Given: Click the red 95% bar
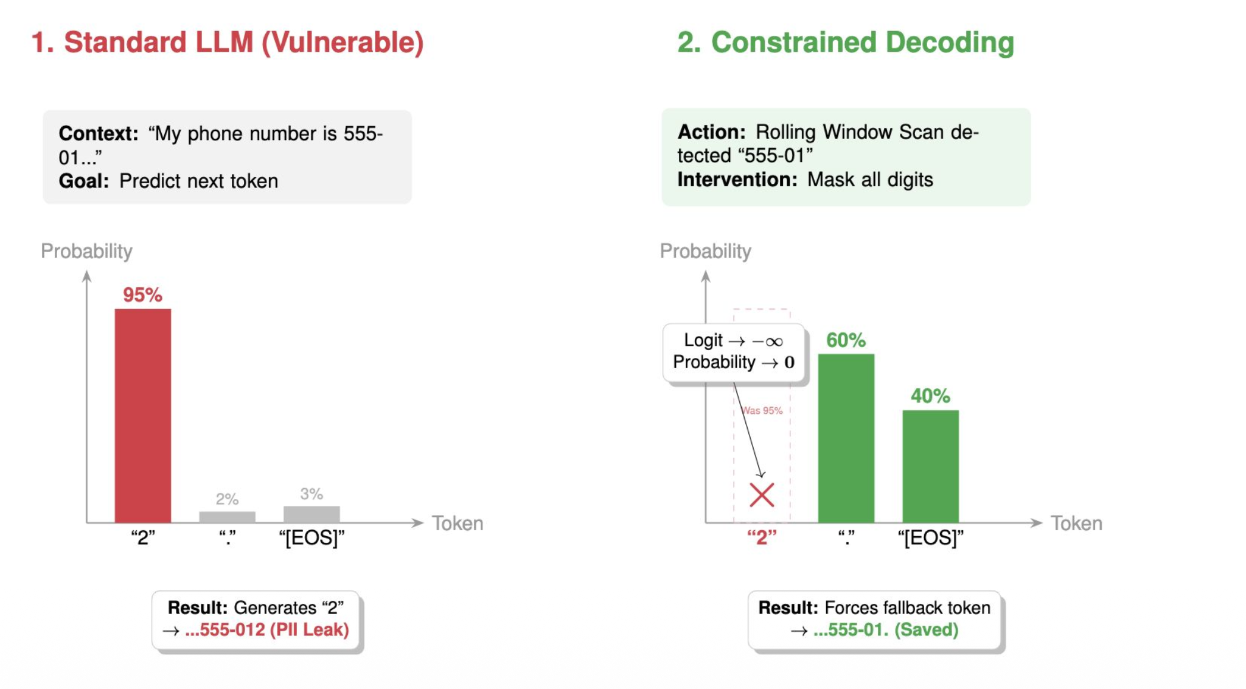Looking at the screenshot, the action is tap(143, 416).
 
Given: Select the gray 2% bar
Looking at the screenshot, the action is tap(228, 517).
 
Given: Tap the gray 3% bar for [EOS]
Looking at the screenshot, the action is tap(311, 514).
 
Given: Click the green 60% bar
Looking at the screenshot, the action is tap(846, 438).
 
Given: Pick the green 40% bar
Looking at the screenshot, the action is tap(930, 466).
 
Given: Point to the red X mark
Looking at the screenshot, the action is tap(762, 495).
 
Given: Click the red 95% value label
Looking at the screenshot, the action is tap(142, 295).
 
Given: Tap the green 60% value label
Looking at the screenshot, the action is tap(846, 340).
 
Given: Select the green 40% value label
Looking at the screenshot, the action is tap(930, 396).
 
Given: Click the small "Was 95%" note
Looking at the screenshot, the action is tap(762, 411).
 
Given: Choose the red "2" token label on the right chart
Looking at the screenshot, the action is tap(762, 537).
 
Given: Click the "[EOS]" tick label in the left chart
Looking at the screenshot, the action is tap(311, 538).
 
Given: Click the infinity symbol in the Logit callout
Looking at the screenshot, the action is tap(774, 342).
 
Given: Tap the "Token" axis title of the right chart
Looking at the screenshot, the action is tap(1076, 523).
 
